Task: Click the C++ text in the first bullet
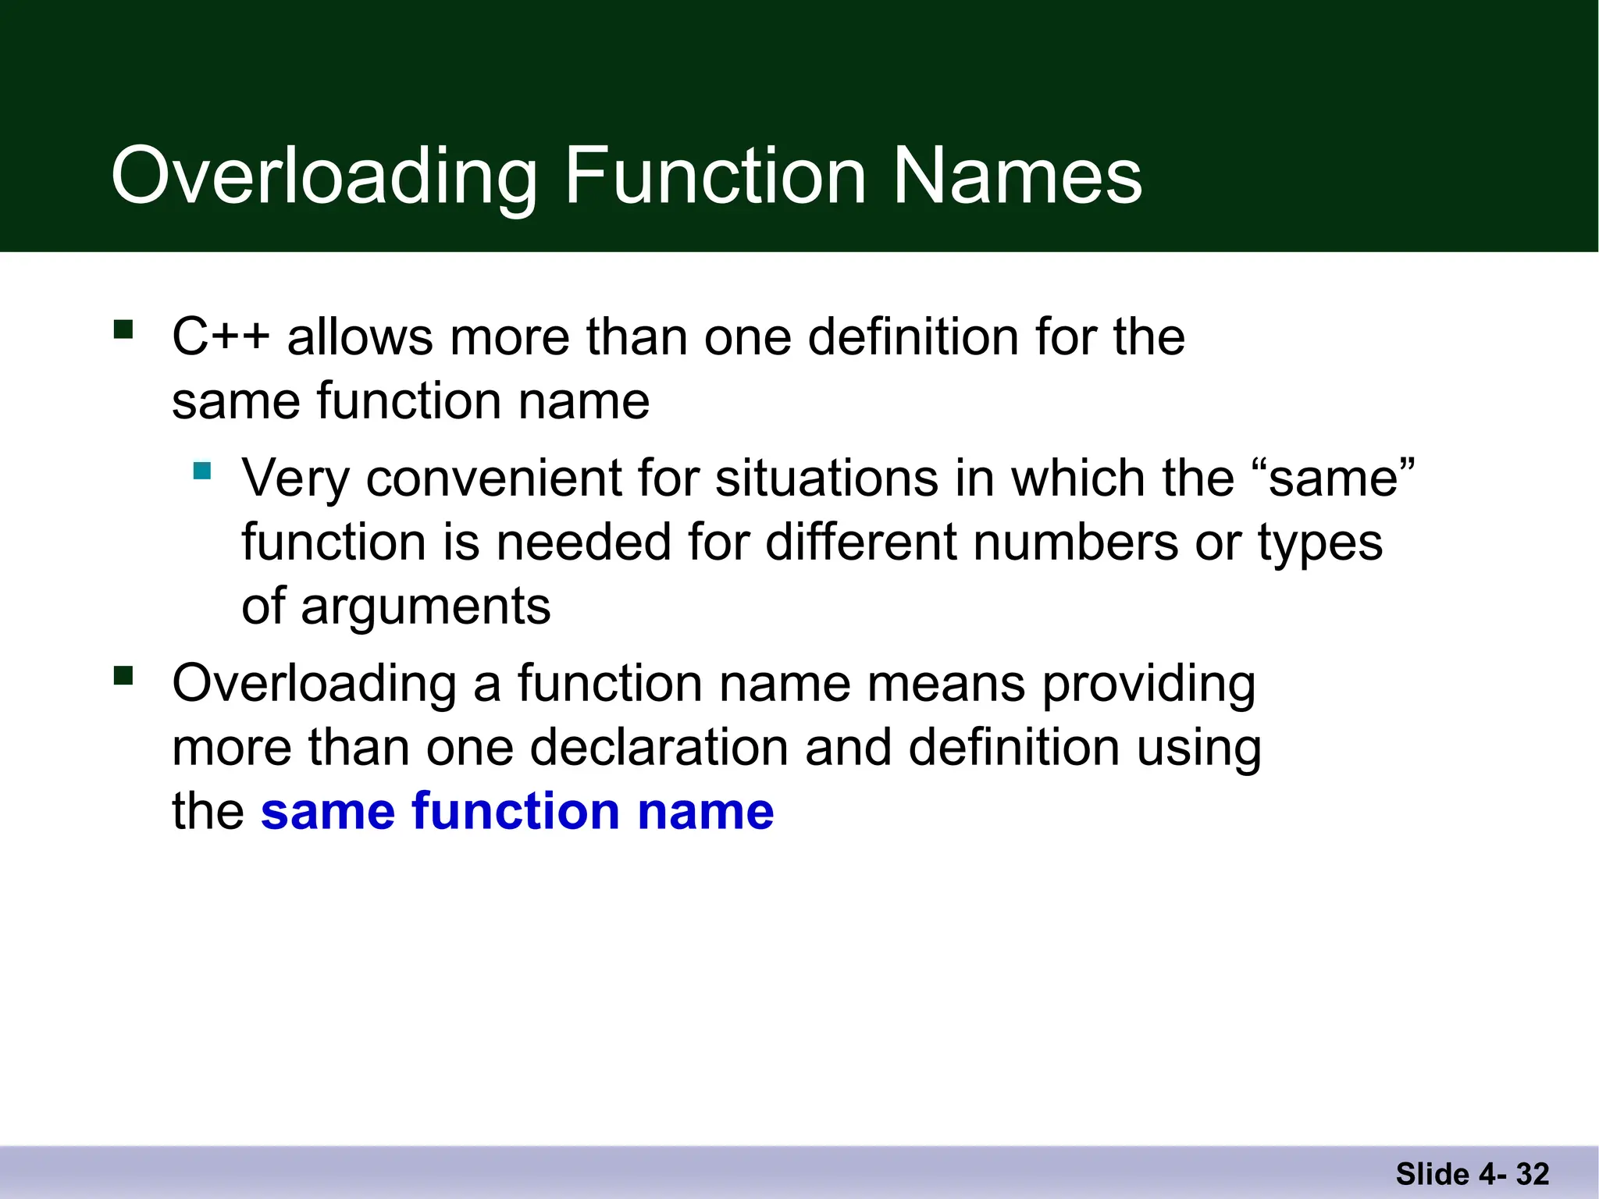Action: [x=221, y=337]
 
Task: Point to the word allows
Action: [x=360, y=337]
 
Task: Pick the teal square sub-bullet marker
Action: [x=202, y=471]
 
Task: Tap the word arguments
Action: [x=426, y=607]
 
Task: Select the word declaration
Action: [x=660, y=747]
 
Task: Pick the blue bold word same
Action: [x=328, y=811]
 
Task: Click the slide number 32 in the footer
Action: [x=1533, y=1174]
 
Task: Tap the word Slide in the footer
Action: [x=1432, y=1174]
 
